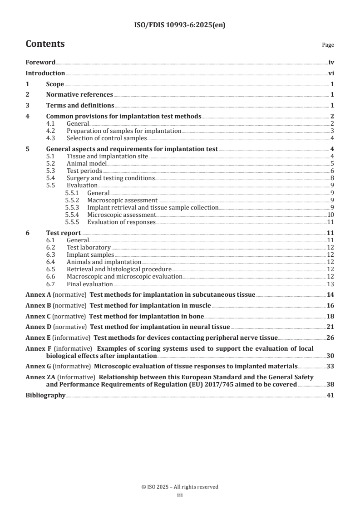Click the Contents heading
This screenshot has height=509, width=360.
tap(45, 44)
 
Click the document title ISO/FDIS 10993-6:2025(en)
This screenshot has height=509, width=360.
tap(180, 25)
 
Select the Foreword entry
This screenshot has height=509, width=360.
tap(40, 63)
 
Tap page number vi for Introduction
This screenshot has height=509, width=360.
tap(331, 73)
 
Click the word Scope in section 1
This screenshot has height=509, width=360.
tap(55, 84)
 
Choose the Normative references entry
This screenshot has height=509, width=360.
tap(79, 94)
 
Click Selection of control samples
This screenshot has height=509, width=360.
tap(107, 138)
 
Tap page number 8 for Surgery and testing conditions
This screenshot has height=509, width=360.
tap(332, 178)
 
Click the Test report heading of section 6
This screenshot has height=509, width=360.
tap(64, 233)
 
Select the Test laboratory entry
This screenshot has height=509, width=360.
tap(89, 247)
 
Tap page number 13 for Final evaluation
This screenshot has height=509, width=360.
tap(331, 284)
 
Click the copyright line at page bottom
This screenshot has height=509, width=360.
tap(180, 487)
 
